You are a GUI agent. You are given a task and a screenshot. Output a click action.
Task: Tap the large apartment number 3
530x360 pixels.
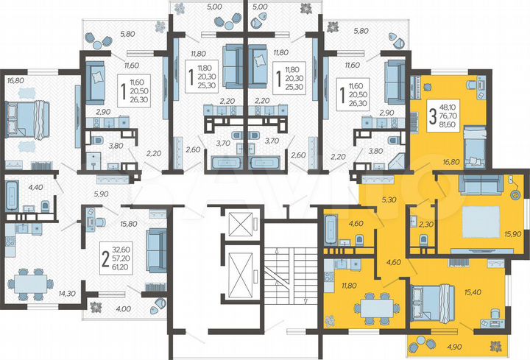click(434, 116)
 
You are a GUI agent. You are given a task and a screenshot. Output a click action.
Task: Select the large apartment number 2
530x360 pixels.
click(105, 258)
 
